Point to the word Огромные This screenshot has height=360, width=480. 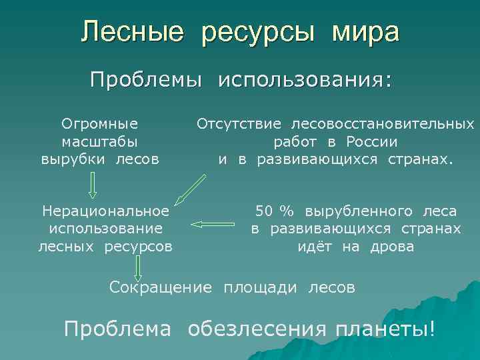(100, 123)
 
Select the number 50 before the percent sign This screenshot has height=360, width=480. (264, 211)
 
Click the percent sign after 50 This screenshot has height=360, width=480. (287, 211)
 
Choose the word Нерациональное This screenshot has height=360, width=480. (105, 211)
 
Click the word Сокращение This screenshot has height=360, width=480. (161, 288)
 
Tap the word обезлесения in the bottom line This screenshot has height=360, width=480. (257, 329)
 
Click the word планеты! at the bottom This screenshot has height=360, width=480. (385, 329)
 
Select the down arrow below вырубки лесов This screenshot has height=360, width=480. (93, 185)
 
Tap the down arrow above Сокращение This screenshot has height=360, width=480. (137, 267)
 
